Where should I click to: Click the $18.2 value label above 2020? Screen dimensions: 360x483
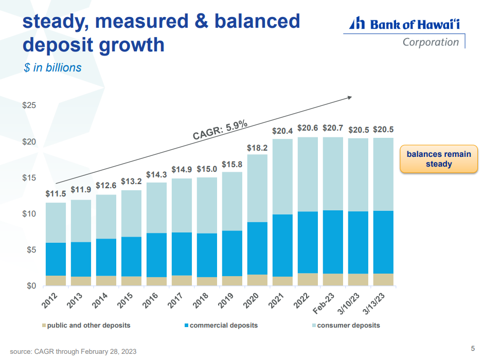258,148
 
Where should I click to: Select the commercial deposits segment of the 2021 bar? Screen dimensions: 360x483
283,245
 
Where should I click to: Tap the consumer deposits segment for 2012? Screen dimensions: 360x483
56,223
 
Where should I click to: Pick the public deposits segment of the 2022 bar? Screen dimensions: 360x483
308,279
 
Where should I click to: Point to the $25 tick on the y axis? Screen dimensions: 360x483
29,105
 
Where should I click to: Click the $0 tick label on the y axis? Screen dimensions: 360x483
31,286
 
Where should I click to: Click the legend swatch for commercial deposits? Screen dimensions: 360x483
186,326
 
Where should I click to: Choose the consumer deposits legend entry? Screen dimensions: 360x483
348,325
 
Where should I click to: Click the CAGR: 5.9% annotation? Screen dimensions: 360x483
220,130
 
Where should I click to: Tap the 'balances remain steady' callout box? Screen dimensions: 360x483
439,159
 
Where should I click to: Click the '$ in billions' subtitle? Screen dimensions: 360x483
52,67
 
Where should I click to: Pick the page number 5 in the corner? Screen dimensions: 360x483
473,347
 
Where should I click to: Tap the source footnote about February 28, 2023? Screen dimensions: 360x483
74,351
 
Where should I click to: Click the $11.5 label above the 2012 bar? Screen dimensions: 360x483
56,194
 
